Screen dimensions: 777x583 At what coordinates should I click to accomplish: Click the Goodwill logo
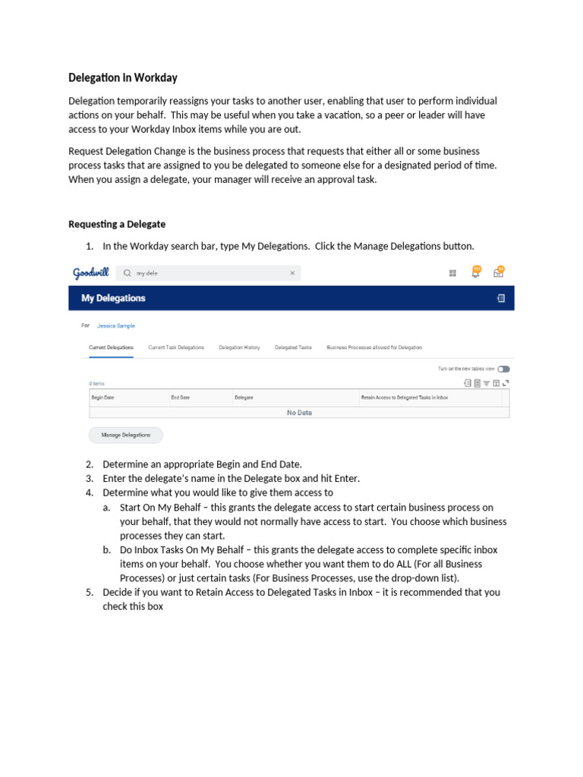pos(91,273)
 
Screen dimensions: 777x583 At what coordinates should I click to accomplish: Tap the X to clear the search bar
pos(292,273)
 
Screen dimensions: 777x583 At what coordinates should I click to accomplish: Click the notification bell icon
pos(475,272)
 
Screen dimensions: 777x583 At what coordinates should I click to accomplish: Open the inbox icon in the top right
pos(498,272)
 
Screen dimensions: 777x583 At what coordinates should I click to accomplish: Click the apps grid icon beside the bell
pos(452,273)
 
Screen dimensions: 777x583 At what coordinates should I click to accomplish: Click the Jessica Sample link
pos(116,326)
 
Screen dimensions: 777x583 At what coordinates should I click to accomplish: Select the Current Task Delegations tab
pos(176,348)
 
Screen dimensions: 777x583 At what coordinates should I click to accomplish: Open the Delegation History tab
pos(239,348)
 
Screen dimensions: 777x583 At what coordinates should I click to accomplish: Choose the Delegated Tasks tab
pos(293,348)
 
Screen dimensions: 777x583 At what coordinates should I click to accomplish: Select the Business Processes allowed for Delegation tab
pos(374,348)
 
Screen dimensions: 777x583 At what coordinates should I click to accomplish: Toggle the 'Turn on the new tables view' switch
pos(503,369)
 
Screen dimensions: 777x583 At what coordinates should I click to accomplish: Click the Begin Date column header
pos(102,398)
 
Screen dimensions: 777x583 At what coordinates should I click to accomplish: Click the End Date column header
pos(181,398)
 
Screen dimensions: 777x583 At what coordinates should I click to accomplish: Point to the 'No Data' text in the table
pos(299,413)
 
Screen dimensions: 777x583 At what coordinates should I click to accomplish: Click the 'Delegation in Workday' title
pos(123,78)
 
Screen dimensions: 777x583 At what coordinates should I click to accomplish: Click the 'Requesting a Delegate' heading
pos(117,225)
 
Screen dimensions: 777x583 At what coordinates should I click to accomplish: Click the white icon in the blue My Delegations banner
pos(500,298)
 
